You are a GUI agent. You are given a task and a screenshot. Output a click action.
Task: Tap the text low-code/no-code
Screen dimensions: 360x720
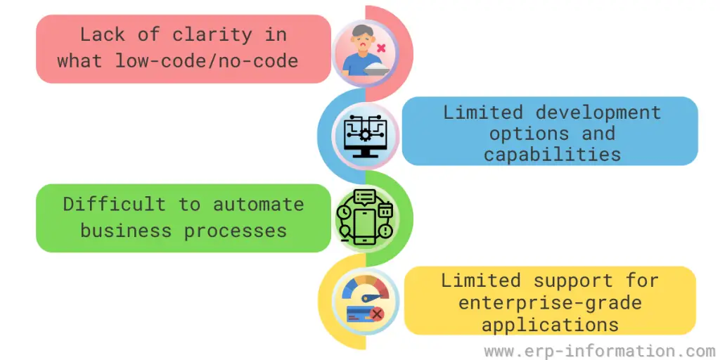pos(207,60)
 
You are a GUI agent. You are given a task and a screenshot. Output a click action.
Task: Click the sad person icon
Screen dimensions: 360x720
pos(361,51)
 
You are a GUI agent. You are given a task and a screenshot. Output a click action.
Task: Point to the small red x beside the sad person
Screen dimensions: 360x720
pos(381,48)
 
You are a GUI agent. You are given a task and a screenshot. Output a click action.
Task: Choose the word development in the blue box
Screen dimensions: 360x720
pos(598,112)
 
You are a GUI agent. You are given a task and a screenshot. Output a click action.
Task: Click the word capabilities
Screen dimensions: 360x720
pos(552,154)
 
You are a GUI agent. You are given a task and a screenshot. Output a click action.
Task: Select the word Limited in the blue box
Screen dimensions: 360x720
pos(482,112)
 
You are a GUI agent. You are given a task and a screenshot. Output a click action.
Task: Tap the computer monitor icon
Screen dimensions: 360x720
pos(365,134)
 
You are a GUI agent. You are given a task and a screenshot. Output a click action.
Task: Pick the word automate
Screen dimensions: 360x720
pos(259,204)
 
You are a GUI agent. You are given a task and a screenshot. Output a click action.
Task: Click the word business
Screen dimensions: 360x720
pos(125,230)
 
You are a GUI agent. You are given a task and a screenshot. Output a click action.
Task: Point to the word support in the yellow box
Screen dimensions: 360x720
pos(573,281)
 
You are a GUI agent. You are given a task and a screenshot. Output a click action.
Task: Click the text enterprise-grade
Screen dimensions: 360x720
pos(550,303)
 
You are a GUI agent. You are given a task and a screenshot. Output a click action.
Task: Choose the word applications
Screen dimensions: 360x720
pos(550,325)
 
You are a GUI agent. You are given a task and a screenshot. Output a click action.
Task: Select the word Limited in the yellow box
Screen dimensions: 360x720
pos(481,281)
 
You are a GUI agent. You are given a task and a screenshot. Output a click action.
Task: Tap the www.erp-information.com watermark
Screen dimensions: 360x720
pos(599,350)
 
